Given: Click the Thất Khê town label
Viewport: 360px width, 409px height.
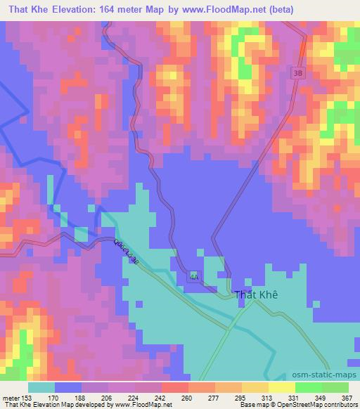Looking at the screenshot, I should point(255,295).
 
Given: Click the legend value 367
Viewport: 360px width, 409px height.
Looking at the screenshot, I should point(347,398).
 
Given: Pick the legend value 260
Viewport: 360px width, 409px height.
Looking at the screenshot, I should point(187,398).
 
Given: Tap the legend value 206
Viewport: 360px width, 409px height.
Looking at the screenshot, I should point(108,398).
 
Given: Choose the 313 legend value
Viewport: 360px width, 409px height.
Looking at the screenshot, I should point(266,398).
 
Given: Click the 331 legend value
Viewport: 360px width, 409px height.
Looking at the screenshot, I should point(293,398).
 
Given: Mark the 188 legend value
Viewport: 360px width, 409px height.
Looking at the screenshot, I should point(81,398).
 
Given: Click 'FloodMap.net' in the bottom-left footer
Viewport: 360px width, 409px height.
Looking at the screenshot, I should point(143,405).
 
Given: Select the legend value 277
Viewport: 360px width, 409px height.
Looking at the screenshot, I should point(214,398).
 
